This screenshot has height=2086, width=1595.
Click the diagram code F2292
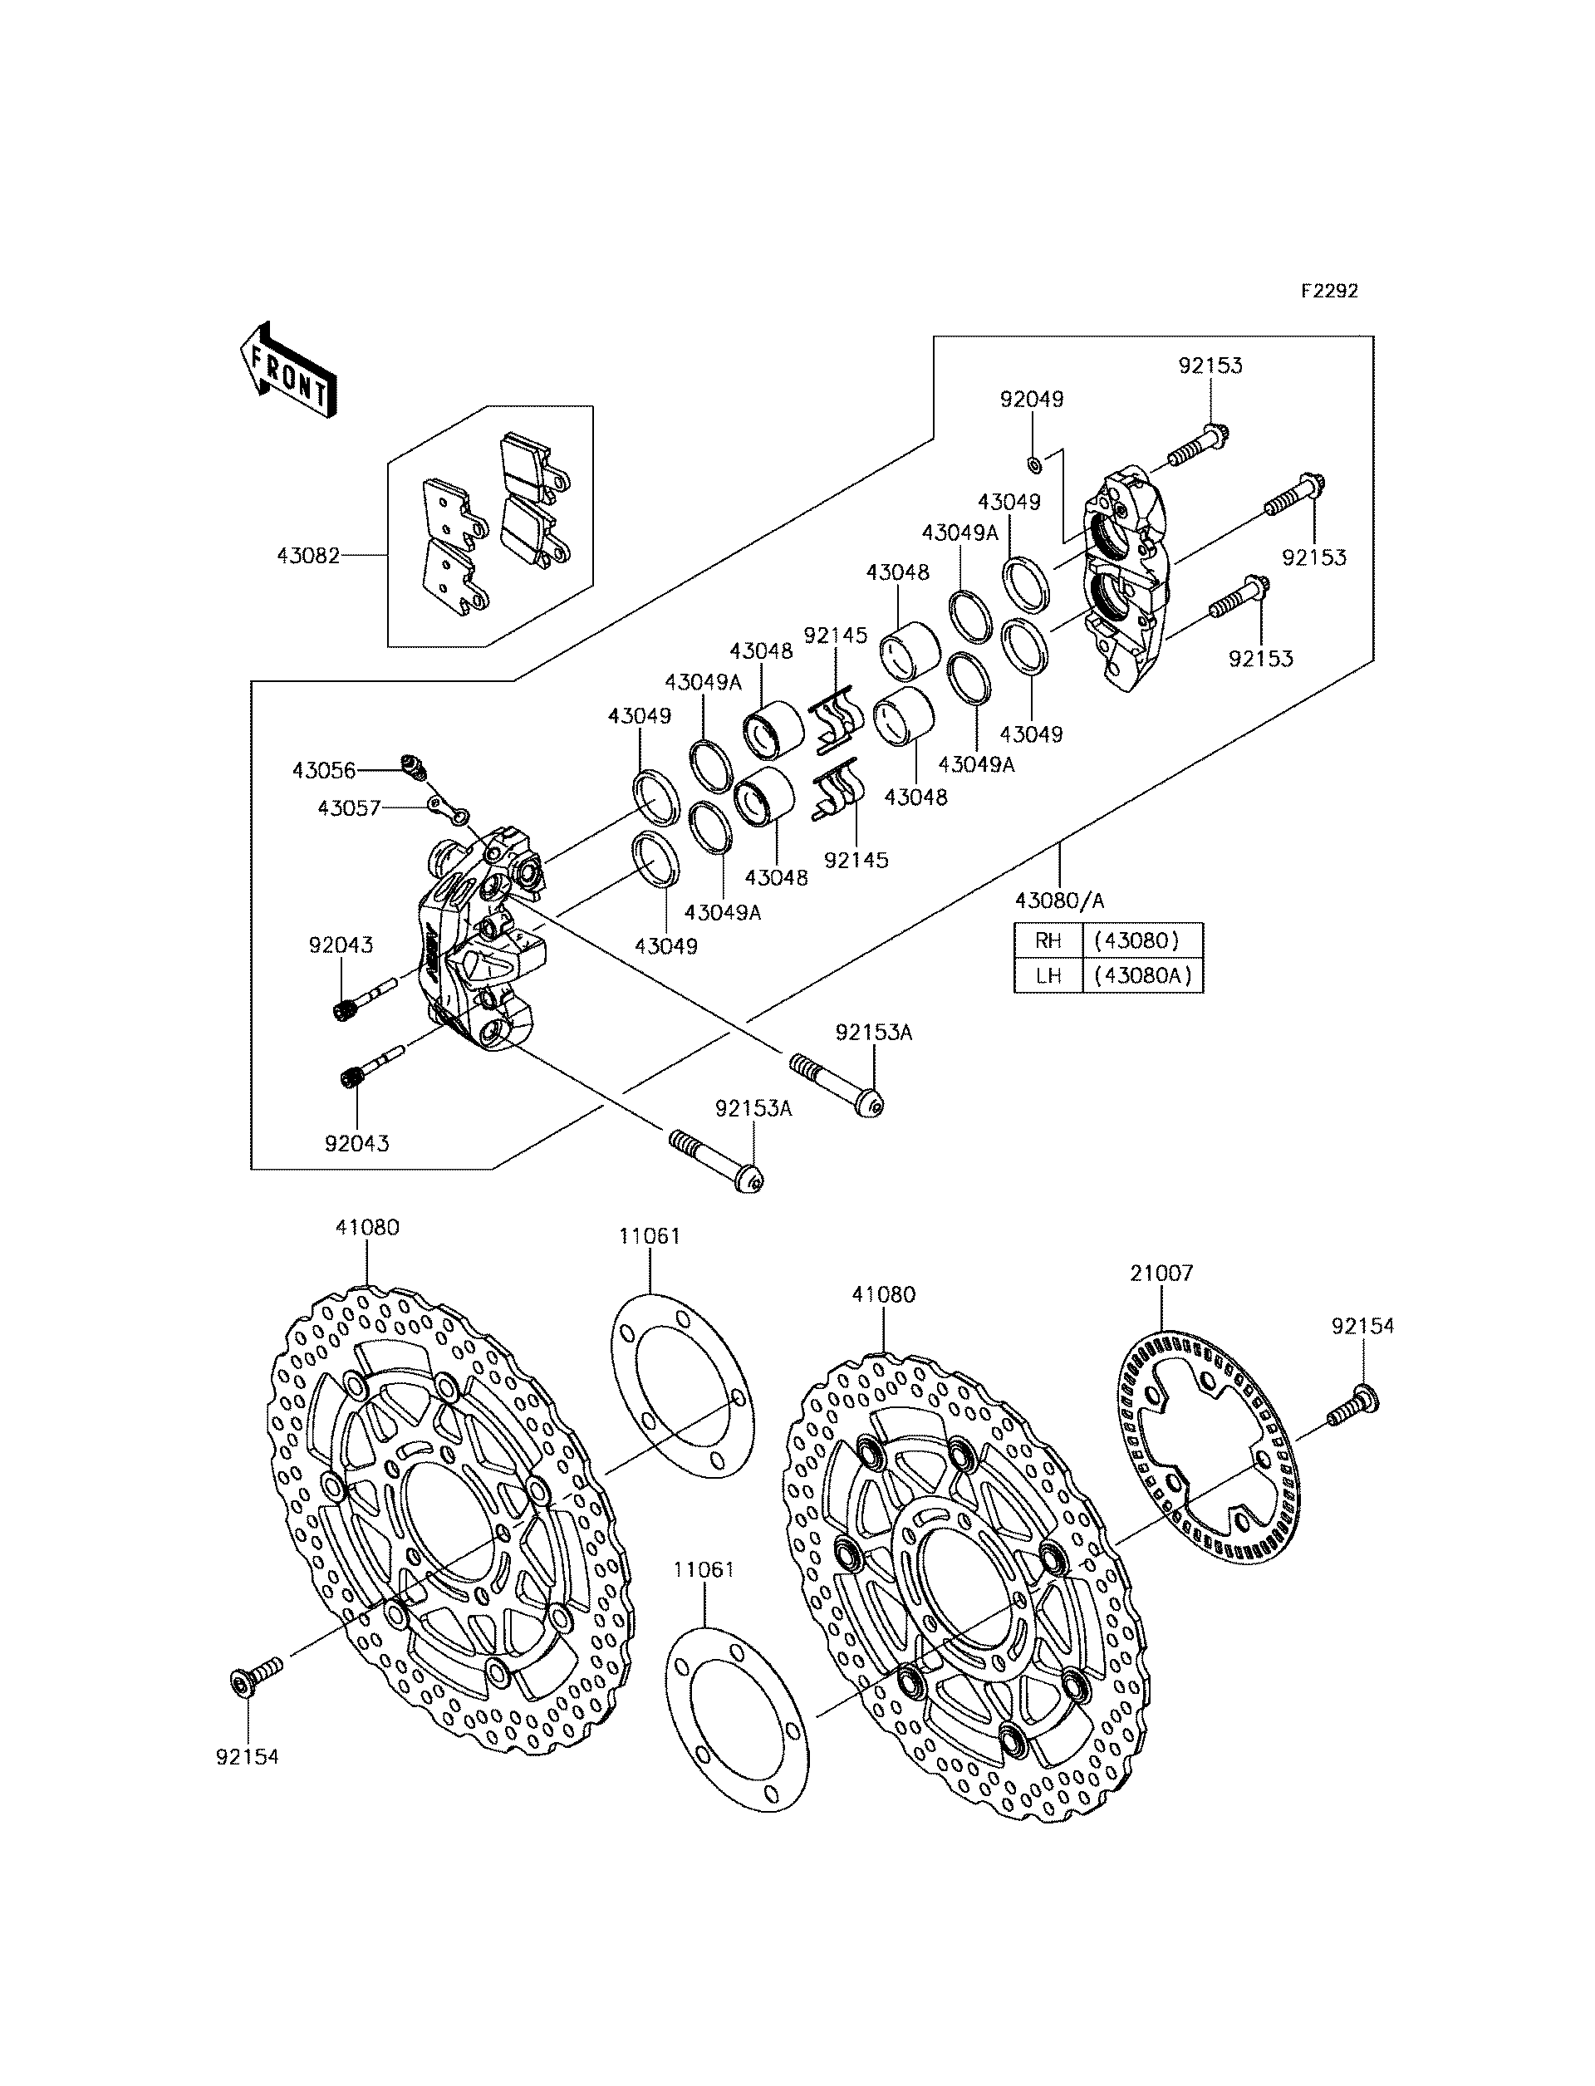click(x=1329, y=292)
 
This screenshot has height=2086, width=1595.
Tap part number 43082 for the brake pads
click(x=307, y=554)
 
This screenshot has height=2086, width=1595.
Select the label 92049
click(x=1031, y=400)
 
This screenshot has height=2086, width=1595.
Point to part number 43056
click(x=323, y=771)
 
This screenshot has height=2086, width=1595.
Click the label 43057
click(x=348, y=808)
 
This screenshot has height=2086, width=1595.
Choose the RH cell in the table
click(x=1048, y=941)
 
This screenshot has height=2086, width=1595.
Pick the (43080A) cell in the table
click(x=1142, y=975)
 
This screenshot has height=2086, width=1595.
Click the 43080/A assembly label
click(x=1059, y=899)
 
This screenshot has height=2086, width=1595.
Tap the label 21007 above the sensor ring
click(x=1161, y=1274)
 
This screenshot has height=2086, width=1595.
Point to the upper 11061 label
click(x=650, y=1236)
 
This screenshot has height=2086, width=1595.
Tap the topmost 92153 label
click(x=1210, y=366)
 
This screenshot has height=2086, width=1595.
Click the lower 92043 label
click(x=357, y=1143)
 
